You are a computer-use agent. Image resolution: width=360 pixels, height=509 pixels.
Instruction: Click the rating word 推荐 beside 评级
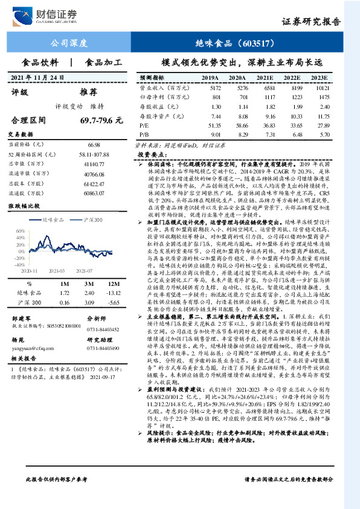coord(89,92)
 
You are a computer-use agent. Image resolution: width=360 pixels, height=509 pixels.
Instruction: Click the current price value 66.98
coord(93,146)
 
